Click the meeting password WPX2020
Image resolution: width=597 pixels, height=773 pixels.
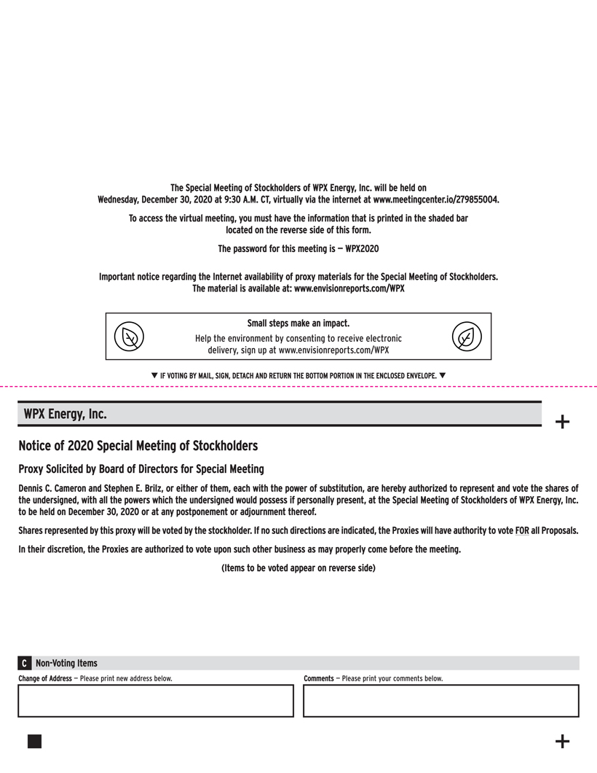(x=362, y=249)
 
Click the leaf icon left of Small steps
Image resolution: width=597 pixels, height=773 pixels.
(x=130, y=337)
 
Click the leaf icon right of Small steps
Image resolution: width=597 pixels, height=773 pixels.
(x=467, y=337)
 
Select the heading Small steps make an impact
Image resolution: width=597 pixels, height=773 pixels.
(x=298, y=323)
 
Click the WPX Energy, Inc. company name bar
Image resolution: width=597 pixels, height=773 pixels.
(x=66, y=414)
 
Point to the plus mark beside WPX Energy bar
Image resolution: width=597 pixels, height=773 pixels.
(x=562, y=421)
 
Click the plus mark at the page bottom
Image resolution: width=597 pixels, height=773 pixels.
(x=562, y=742)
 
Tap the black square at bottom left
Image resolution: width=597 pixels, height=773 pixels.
(x=34, y=741)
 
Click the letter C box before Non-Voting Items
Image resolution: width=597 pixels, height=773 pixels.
(x=25, y=664)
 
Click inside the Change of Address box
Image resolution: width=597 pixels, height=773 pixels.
(x=155, y=701)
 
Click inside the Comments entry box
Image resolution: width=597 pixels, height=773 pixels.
(x=440, y=701)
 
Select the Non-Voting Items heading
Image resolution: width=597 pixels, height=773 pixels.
(x=66, y=664)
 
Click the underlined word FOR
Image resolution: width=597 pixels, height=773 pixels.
(x=522, y=530)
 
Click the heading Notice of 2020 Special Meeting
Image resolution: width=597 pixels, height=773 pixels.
(x=138, y=445)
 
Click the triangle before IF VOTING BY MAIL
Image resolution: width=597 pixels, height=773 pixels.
(x=154, y=375)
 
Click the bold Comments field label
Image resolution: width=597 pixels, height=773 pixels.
(x=318, y=679)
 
